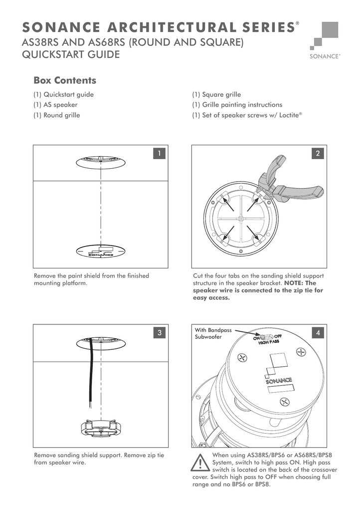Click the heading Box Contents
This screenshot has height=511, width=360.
point(64,80)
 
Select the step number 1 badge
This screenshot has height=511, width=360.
point(159,154)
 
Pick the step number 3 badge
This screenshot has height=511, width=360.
point(159,333)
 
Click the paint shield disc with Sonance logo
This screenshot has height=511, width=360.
point(101,252)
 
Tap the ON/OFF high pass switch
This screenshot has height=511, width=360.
point(265,337)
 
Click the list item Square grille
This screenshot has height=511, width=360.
point(216,94)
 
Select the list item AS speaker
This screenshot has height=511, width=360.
point(55,105)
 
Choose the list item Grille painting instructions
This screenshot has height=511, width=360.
point(237,105)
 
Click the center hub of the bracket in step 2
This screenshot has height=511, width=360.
point(241,219)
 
